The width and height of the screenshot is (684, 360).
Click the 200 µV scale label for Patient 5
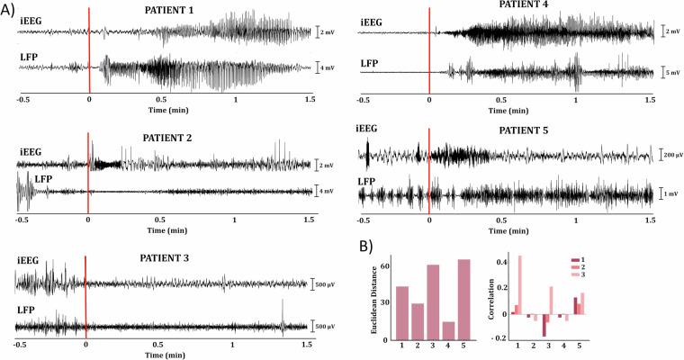(x=668, y=156)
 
